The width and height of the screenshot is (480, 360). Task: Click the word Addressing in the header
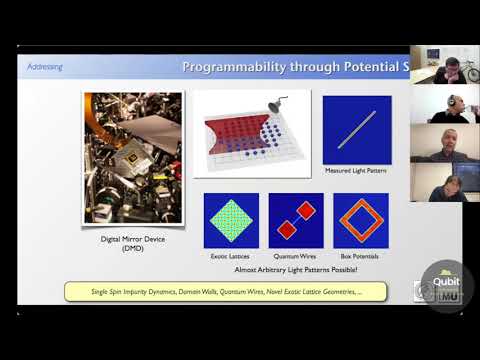pyautogui.click(x=46, y=67)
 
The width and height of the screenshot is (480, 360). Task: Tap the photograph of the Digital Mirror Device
pyautogui.click(x=133, y=157)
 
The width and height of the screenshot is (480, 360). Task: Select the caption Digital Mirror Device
pyautogui.click(x=133, y=240)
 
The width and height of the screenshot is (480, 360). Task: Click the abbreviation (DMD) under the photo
pyautogui.click(x=133, y=250)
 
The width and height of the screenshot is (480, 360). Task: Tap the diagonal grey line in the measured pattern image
pyautogui.click(x=357, y=130)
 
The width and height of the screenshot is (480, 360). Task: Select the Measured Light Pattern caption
pyautogui.click(x=357, y=171)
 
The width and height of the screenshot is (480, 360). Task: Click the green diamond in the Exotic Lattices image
pyautogui.click(x=231, y=220)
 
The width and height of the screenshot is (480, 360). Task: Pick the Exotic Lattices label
pyautogui.click(x=231, y=256)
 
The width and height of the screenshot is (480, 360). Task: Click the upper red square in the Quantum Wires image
pyautogui.click(x=306, y=210)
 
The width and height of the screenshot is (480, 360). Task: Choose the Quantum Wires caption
pyautogui.click(x=296, y=256)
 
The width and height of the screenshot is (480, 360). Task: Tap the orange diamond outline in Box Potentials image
pyautogui.click(x=361, y=220)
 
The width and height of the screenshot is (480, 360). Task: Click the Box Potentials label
pyautogui.click(x=361, y=256)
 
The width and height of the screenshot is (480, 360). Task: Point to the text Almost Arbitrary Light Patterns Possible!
pyautogui.click(x=296, y=270)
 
